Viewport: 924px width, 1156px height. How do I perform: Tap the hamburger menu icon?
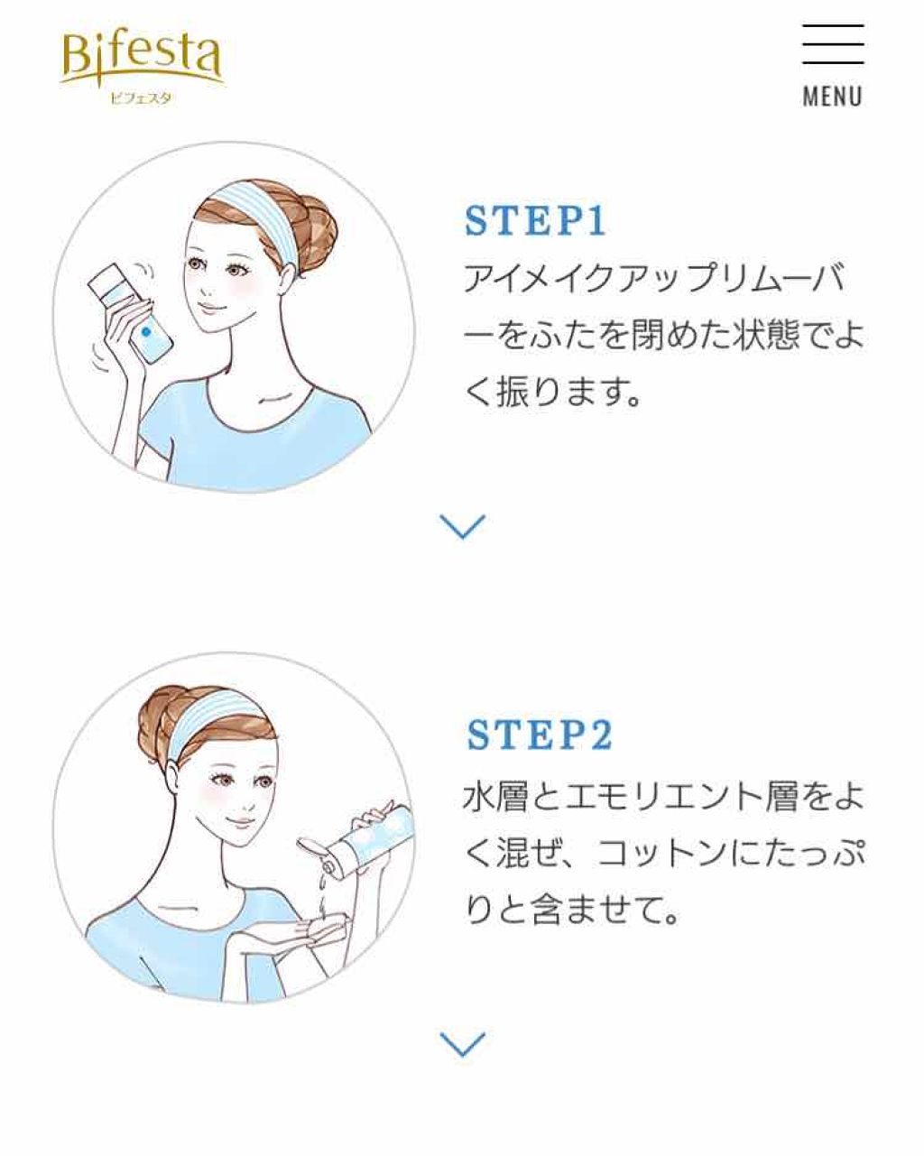(x=832, y=44)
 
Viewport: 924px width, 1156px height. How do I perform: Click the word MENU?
(x=832, y=96)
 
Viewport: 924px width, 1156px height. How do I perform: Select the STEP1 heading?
(x=536, y=222)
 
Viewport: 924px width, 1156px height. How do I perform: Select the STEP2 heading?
(x=540, y=735)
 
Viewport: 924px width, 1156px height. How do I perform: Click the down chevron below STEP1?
(x=462, y=526)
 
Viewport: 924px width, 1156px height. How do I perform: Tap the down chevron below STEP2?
(x=462, y=1044)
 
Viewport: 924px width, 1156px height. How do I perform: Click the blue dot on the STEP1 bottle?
(x=146, y=332)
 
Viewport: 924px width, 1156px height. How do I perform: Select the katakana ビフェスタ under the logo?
(x=140, y=97)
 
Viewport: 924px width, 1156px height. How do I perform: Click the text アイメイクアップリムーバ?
(x=655, y=280)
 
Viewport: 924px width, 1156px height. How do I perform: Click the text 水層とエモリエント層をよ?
(x=663, y=797)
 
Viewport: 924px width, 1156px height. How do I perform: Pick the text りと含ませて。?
(x=570, y=911)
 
